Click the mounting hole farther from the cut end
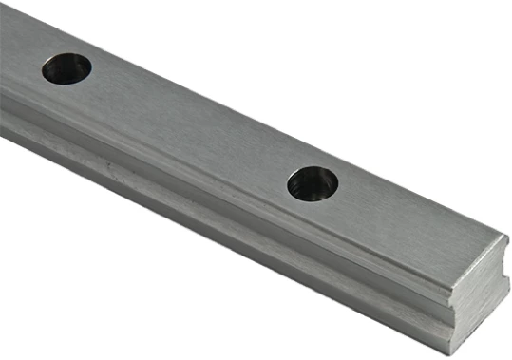coord(66,67)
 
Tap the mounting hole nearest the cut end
coord(313,182)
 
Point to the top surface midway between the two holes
coord(190,123)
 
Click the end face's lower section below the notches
coord(475,323)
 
